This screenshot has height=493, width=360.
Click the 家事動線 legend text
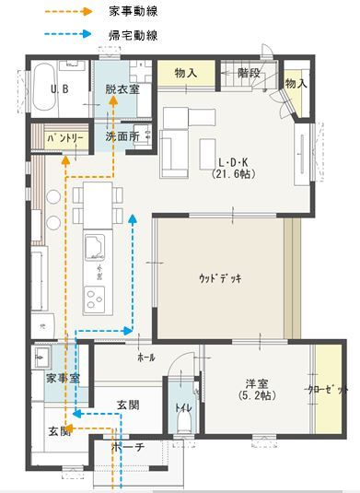coord(130,12)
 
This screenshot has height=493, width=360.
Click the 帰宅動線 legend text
coord(130,34)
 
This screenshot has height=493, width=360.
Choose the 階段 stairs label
coord(249,73)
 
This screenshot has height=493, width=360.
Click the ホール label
coord(145,357)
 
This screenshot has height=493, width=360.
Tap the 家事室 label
coord(63,379)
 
